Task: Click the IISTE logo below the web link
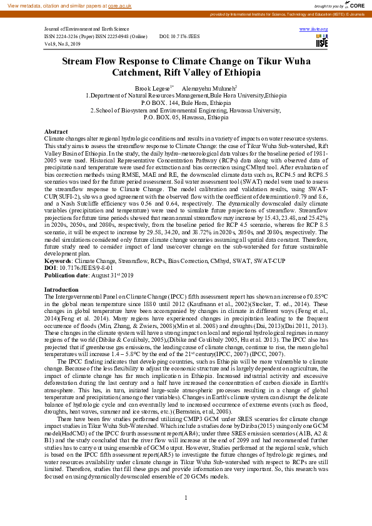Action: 322,42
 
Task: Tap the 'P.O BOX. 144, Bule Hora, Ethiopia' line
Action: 186,102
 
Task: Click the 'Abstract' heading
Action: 56,131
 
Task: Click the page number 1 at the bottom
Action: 186,497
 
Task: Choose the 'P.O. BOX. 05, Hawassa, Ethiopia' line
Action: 186,117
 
